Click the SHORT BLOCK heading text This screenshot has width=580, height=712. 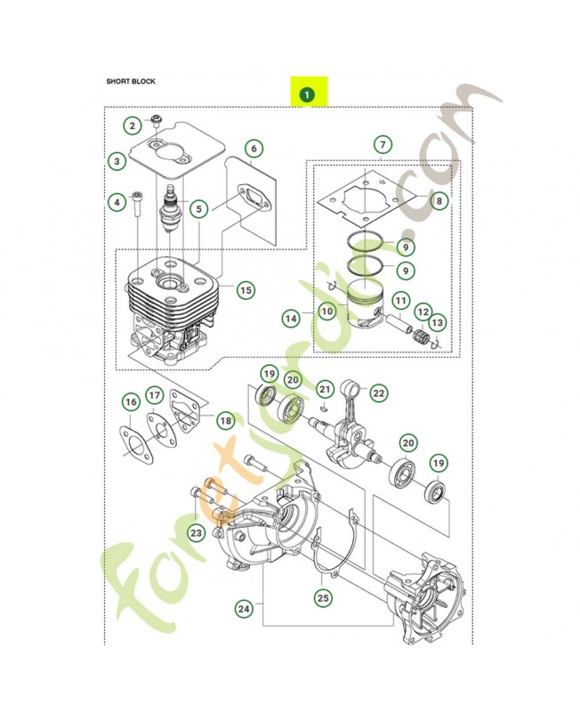point(131,81)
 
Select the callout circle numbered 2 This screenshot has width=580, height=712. point(132,125)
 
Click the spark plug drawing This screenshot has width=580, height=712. point(171,208)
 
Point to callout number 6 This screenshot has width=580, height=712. point(254,149)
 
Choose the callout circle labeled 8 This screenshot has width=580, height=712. point(439,200)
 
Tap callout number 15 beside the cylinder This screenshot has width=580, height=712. point(246,290)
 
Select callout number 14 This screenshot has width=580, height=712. point(291,319)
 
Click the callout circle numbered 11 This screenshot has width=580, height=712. point(400,301)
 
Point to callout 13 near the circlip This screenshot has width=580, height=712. point(437,323)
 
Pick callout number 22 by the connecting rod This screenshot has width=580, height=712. point(378,392)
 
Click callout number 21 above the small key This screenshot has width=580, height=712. point(325,389)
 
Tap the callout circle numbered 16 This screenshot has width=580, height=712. point(131,402)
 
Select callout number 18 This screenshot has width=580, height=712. point(226,421)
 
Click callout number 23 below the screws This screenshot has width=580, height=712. point(196,532)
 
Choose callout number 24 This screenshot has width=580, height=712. point(244,609)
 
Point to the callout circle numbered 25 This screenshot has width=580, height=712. point(323,598)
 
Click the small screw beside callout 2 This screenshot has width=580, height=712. point(156,120)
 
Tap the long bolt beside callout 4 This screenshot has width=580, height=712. point(138,206)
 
